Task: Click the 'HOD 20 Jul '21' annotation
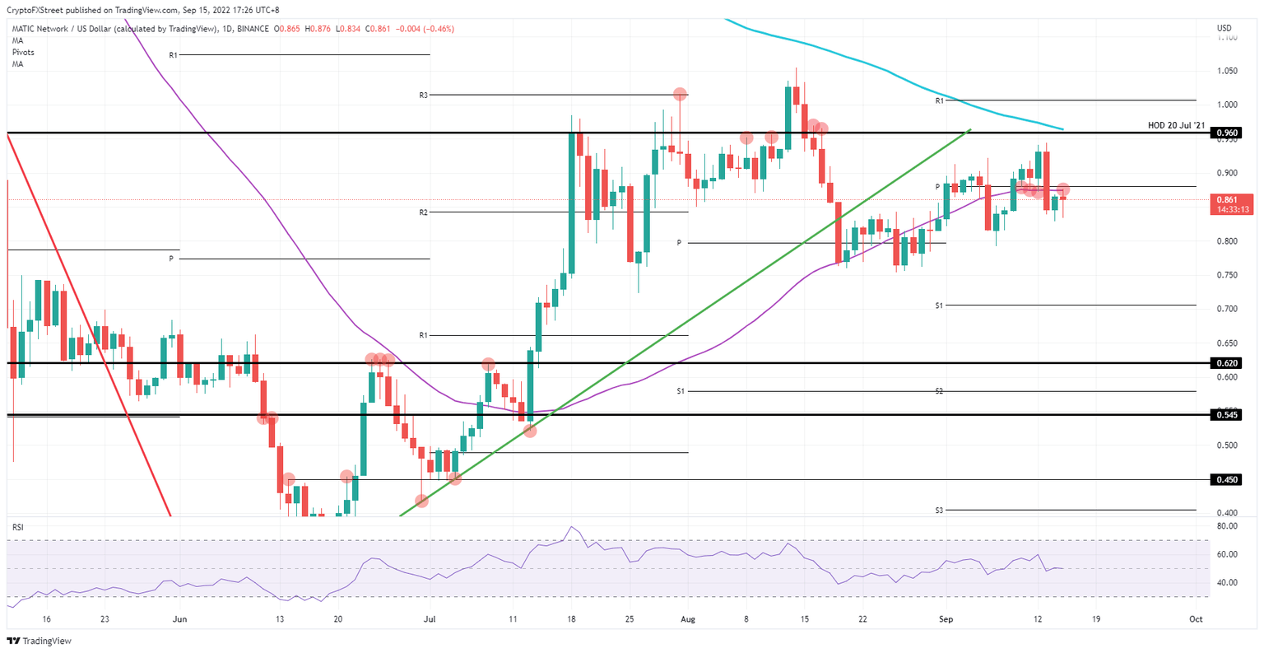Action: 1176,125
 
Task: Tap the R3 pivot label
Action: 423,96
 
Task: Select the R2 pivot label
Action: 423,212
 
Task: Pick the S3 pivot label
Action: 939,511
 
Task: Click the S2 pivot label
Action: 939,391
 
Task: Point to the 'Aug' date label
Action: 689,619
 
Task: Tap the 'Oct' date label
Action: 1196,619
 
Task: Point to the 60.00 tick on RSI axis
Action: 1226,554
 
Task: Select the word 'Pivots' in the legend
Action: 23,52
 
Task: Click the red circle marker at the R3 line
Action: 680,95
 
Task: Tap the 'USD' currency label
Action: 1224,29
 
